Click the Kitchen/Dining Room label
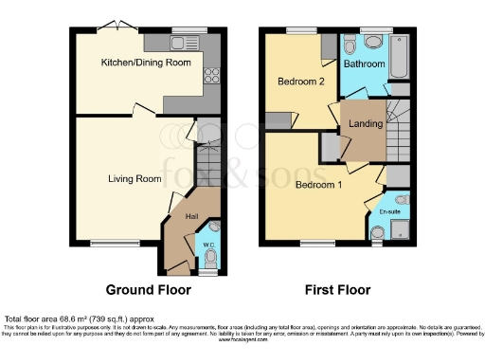pyautogui.click(x=147, y=64)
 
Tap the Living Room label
pyautogui.click(x=134, y=178)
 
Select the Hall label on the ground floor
pyautogui.click(x=191, y=217)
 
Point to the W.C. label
pyautogui.click(x=209, y=246)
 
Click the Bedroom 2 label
pyautogui.click(x=301, y=82)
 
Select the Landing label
pyautogui.click(x=367, y=123)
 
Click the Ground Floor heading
pyautogui.click(x=148, y=289)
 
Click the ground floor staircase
pyautogui.click(x=207, y=161)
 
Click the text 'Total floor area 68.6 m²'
pyautogui.click(x=75, y=318)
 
